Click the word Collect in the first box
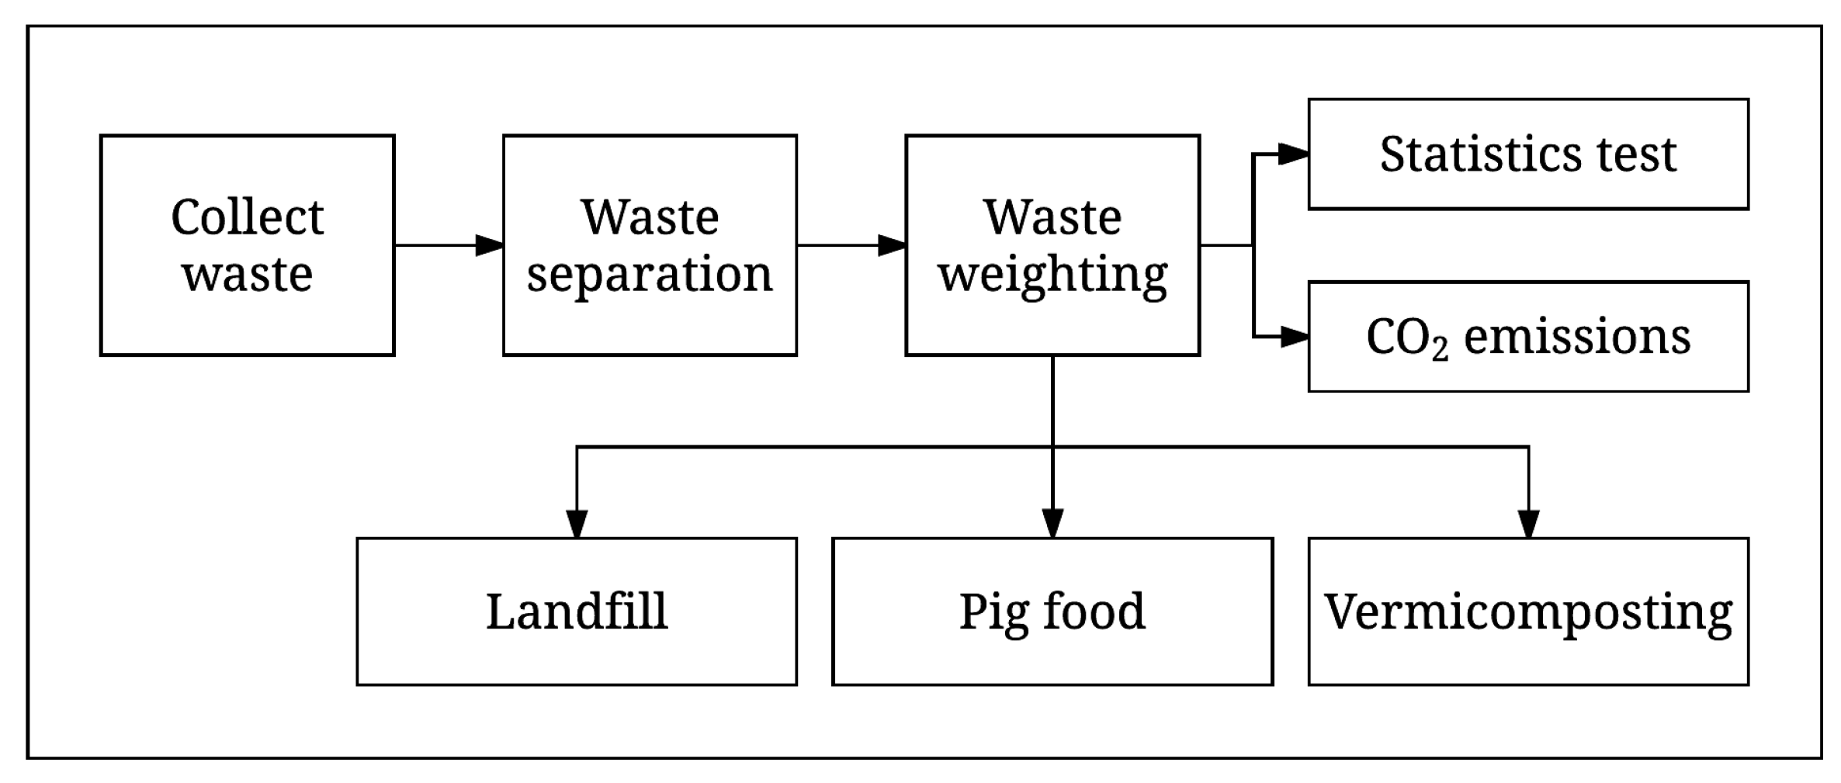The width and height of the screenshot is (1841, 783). pyautogui.click(x=247, y=217)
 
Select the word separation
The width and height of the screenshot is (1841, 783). pyautogui.click(x=650, y=274)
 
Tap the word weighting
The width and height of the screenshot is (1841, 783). pyautogui.click(x=1052, y=274)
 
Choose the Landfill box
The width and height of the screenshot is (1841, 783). pyautogui.click(x=576, y=612)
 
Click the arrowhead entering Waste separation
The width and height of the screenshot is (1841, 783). pyautogui.click(x=489, y=245)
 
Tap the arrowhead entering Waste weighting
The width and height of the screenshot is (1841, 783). pyautogui.click(x=892, y=245)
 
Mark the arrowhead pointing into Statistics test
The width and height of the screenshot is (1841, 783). pyautogui.click(x=1293, y=154)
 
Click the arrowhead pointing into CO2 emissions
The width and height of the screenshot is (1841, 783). pyautogui.click(x=1293, y=337)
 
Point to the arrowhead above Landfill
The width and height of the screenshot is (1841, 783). pyautogui.click(x=576, y=524)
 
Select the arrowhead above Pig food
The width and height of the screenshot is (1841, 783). pyautogui.click(x=1052, y=524)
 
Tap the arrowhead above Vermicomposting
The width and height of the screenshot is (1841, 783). pyautogui.click(x=1528, y=524)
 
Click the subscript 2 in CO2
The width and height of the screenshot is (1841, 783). pyautogui.click(x=1440, y=350)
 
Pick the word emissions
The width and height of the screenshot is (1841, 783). pyautogui.click(x=1576, y=338)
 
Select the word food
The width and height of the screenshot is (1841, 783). pyautogui.click(x=1094, y=611)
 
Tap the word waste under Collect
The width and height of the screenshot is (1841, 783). pyautogui.click(x=247, y=274)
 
